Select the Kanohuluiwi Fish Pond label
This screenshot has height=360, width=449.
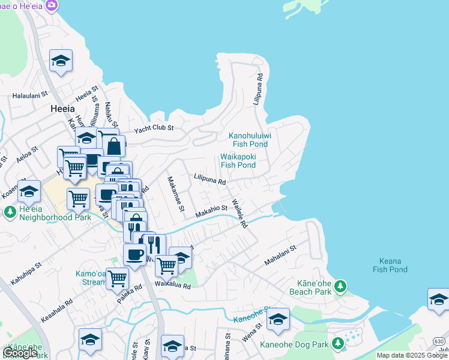[x=250, y=140]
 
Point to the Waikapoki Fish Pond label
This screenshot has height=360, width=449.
[x=238, y=161]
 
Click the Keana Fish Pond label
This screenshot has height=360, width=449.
[x=390, y=265]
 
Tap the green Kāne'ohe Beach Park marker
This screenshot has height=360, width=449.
[x=341, y=284]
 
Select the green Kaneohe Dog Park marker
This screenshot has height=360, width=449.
[x=338, y=344]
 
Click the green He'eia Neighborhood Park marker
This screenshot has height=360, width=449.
[x=10, y=212]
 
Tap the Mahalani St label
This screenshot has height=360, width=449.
[x=280, y=256]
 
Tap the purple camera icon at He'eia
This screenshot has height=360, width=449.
[x=52, y=5]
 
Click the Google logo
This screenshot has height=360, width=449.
[x=20, y=353]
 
